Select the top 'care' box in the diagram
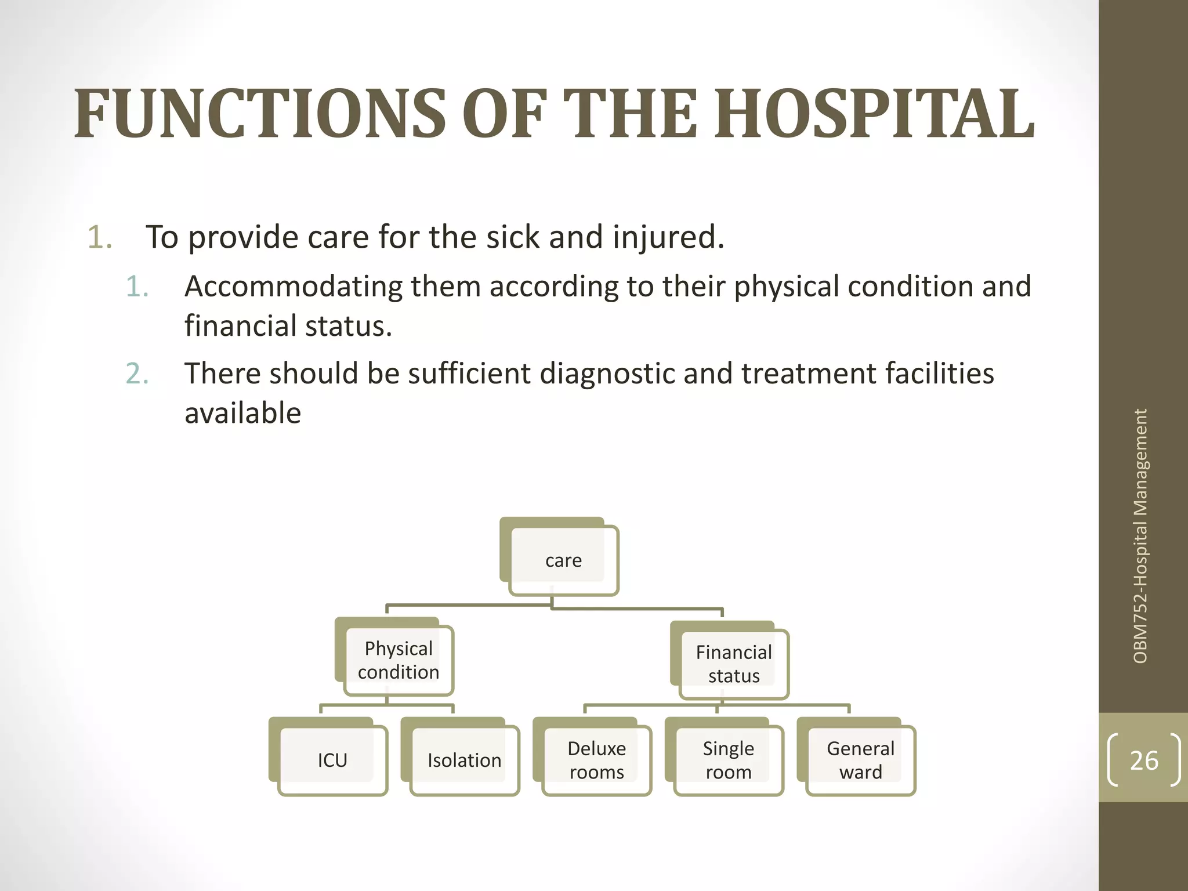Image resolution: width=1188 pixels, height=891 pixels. [563, 560]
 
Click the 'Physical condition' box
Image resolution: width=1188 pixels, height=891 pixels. [399, 660]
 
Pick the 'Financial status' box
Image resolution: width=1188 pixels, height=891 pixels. [734, 664]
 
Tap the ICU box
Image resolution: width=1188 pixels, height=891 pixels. [332, 760]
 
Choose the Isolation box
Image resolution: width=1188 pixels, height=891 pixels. [464, 760]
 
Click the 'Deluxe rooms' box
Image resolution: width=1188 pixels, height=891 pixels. [596, 760]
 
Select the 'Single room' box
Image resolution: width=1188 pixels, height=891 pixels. [729, 760]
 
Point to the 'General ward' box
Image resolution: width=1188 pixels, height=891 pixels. [860, 760]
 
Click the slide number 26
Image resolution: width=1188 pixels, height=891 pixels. [1144, 760]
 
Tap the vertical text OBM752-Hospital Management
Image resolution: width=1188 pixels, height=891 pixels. [1140, 536]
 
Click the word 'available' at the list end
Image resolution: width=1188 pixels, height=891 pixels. [242, 414]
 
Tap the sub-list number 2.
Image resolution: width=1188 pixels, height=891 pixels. [136, 374]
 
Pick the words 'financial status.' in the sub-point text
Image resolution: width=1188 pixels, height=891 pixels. [288, 326]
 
